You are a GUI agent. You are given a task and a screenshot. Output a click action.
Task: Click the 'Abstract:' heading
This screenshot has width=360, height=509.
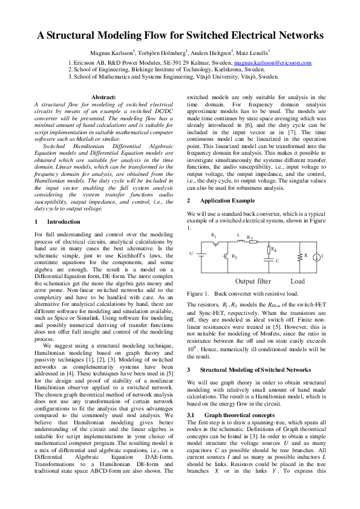pos(107,97)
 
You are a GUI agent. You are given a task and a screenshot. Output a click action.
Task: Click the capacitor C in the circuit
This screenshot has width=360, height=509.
pos(269,261)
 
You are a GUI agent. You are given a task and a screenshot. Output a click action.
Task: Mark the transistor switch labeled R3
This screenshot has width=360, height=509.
pos(227,256)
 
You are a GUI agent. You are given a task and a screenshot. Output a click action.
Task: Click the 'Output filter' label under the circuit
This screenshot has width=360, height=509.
pos(253,281)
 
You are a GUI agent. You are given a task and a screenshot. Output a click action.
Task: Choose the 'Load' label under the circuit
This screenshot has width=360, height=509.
pos(298,281)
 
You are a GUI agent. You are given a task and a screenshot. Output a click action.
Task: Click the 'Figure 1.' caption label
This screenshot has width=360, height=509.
pos(198,293)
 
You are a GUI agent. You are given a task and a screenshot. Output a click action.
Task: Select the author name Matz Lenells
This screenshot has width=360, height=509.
pos(252,53)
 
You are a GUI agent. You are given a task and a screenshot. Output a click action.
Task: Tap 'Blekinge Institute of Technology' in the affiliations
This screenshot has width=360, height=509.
pos(168,70)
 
